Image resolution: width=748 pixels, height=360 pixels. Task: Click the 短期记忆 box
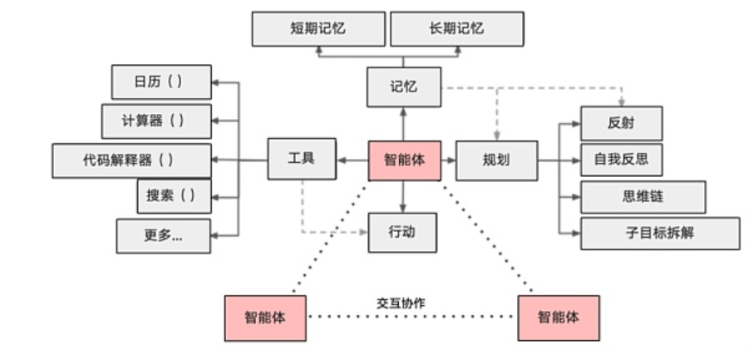click(318, 29)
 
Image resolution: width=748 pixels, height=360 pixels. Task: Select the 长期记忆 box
click(457, 29)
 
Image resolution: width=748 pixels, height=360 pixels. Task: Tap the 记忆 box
click(404, 87)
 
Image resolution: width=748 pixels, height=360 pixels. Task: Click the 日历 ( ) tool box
click(161, 82)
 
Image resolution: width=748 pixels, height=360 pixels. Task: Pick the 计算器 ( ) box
click(156, 121)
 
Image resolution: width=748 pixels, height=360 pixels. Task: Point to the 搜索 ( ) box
click(175, 196)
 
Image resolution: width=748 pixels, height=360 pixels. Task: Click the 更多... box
click(163, 236)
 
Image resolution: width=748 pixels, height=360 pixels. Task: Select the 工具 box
click(302, 159)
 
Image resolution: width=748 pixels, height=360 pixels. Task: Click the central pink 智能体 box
click(405, 161)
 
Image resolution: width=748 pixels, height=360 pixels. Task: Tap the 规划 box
click(497, 161)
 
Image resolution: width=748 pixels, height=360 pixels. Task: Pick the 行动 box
click(402, 233)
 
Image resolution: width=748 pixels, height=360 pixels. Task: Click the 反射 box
click(621, 124)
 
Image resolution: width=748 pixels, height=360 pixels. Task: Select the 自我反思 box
click(621, 160)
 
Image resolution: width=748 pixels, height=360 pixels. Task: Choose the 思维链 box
click(642, 197)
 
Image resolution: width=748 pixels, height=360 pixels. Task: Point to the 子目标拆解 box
click(660, 234)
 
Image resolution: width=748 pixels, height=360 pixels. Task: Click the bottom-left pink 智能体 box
click(265, 318)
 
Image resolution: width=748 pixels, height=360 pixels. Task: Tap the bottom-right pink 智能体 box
click(559, 318)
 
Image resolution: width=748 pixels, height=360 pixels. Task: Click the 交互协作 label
click(401, 303)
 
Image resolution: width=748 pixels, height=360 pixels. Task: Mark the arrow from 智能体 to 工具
click(352, 161)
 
